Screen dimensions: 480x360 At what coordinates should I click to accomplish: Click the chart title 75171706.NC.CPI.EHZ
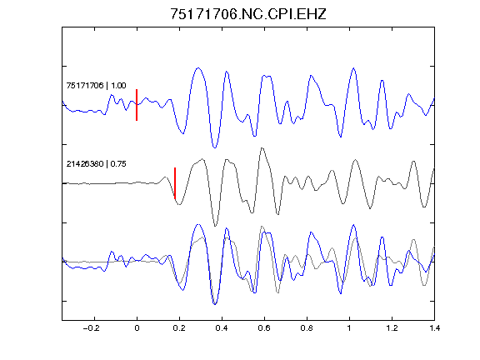coord(248,14)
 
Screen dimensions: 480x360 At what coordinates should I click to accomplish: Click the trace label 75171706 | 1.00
coord(96,85)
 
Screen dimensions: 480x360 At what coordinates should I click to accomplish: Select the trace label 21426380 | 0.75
coord(96,164)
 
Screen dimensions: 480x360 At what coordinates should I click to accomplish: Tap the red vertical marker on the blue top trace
coord(137,105)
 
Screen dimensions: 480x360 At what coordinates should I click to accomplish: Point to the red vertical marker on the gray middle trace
coord(175,183)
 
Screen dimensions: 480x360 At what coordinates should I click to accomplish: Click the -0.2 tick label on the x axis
coord(91,328)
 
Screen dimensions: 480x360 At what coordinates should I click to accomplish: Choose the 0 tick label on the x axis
coord(137,328)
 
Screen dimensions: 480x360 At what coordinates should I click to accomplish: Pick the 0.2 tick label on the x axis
coord(179,328)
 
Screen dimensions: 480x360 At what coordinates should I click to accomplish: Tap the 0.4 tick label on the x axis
coord(222,328)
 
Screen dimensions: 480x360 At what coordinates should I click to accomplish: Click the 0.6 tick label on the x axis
coord(264,328)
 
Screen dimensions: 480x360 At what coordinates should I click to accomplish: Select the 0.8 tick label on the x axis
coord(307,328)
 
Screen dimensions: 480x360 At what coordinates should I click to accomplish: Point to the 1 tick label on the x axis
coord(349,328)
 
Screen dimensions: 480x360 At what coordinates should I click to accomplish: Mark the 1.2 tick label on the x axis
coord(392,328)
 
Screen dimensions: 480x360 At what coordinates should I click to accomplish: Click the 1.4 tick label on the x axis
coord(434,328)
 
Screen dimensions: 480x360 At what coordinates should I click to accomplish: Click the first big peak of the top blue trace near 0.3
coord(198,68)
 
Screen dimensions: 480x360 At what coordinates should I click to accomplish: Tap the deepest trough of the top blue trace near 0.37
coord(215,147)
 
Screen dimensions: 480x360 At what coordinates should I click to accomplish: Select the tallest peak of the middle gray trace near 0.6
coord(262,148)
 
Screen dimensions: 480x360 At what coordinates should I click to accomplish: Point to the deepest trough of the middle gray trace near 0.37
coord(215,226)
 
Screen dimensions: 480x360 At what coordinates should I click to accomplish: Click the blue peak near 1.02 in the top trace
coord(353,68)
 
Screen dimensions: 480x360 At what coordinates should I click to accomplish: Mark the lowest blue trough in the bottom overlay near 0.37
coord(215,304)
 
